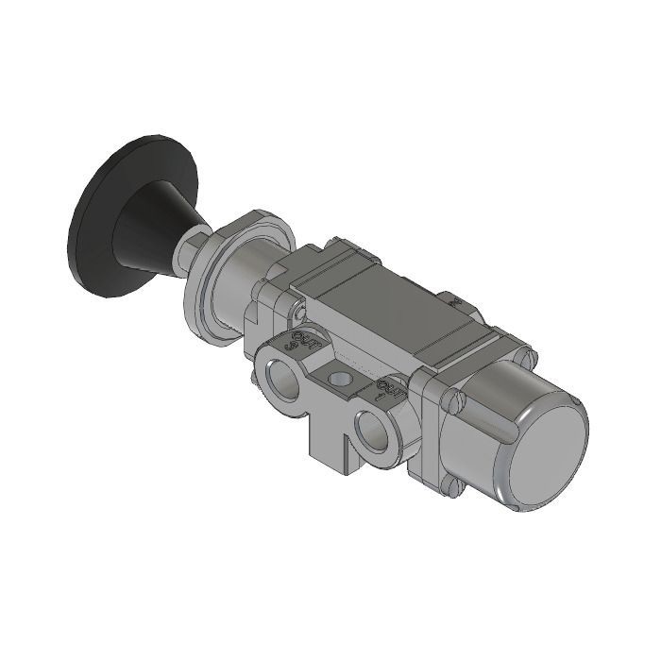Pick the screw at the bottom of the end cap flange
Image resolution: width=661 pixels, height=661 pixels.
(455, 488)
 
